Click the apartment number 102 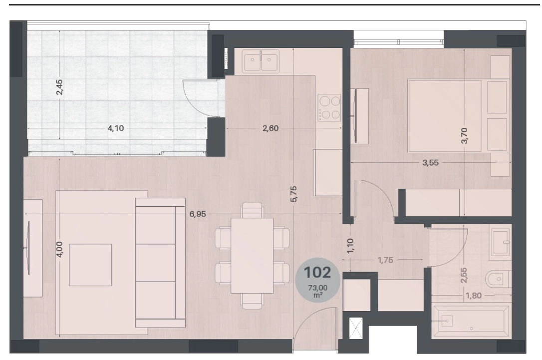tap(317, 273)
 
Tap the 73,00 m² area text tap(318, 291)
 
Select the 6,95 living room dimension tap(197, 214)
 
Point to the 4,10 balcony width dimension tap(115, 128)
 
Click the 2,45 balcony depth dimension tap(59, 87)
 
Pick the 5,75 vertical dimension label tap(293, 194)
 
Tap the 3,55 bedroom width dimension tap(430, 163)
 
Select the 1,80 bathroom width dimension tap(473, 296)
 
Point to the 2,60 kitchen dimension tap(271, 128)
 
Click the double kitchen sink tap(261, 61)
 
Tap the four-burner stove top tap(330, 107)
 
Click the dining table tap(252, 255)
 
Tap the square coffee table tap(90, 265)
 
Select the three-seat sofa tap(160, 263)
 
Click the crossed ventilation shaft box tap(356, 328)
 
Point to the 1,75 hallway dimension tap(385, 260)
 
